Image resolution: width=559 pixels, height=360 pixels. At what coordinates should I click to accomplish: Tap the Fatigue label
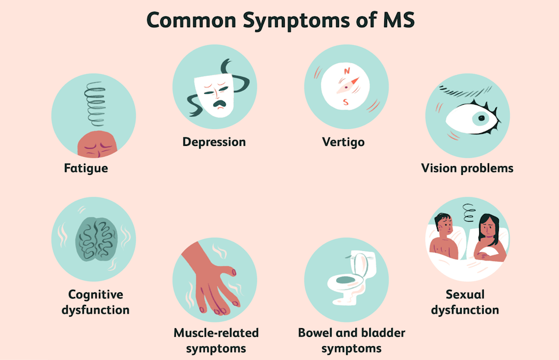coord(86,168)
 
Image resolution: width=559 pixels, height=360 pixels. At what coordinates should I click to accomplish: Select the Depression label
coord(214,142)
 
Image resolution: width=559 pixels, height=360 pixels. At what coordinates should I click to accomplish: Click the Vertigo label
coord(343,142)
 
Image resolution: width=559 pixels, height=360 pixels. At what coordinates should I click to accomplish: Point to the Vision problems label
coord(467,168)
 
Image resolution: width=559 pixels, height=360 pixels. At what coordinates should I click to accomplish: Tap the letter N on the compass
coord(347,71)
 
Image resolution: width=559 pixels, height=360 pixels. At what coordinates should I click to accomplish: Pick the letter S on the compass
coord(345,102)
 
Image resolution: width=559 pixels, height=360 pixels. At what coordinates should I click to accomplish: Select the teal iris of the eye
coord(481,118)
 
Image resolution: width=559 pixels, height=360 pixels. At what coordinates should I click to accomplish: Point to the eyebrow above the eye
coord(465,91)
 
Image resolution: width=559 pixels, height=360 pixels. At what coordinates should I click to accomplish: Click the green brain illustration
coord(96,239)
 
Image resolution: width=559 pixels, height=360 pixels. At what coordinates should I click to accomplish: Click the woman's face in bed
coord(487,228)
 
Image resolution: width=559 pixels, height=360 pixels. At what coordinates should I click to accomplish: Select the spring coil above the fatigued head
coord(95,104)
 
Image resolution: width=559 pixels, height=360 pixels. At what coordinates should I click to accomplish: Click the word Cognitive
coord(95,295)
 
